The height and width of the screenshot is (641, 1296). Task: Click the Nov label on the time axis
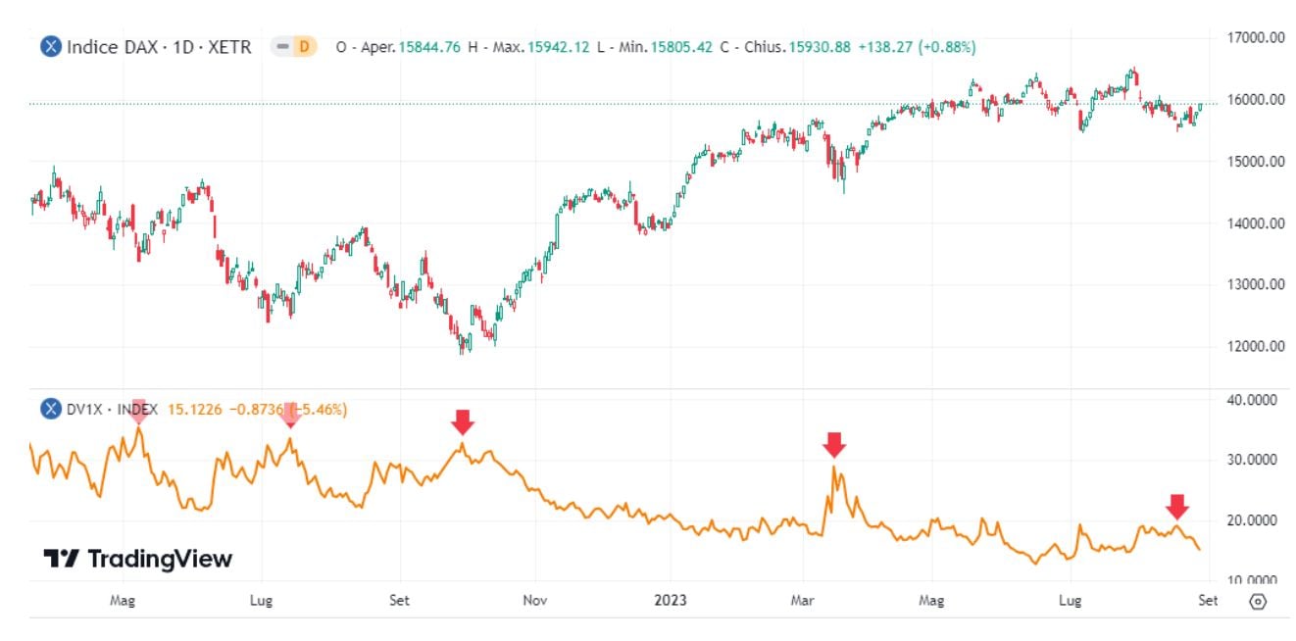point(534,601)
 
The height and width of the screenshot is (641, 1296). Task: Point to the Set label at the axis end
point(1208,601)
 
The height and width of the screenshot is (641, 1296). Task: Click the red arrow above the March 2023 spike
point(833,444)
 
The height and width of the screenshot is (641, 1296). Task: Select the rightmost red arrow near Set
point(1177,506)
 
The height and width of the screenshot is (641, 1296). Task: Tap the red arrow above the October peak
point(463,421)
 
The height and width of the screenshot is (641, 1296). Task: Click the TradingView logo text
point(160,559)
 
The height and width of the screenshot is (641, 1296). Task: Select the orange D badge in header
point(304,46)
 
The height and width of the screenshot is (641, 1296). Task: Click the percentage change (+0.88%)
point(946,46)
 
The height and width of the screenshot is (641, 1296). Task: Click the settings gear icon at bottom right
point(1259,601)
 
